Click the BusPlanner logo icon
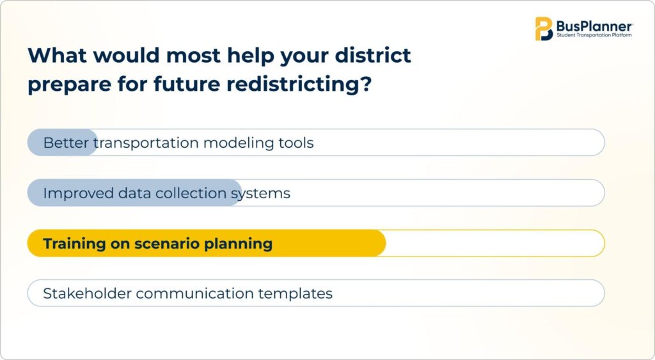pos(544,29)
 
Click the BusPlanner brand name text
pos(594,26)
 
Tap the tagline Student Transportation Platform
pos(594,36)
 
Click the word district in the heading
pos(373,55)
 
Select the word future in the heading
pos(186,84)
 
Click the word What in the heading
pos(57,55)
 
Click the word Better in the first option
pos(66,143)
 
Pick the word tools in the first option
pos(296,143)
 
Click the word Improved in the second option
pos(78,193)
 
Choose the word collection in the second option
pos(191,193)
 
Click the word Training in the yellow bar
pos(74,244)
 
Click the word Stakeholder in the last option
pos(87,293)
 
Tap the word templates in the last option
pos(296,293)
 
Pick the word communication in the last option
pos(194,293)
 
